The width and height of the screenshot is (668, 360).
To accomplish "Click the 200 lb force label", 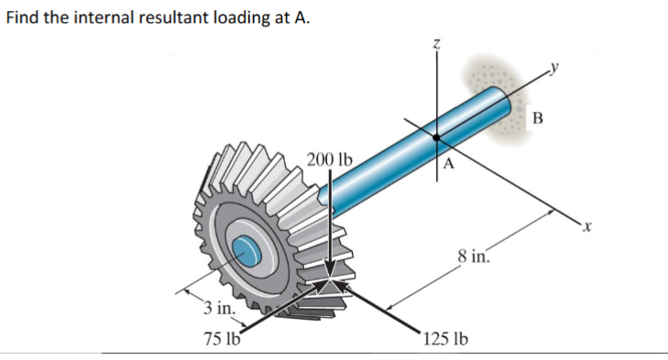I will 329,158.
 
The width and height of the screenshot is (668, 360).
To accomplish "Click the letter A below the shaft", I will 448,165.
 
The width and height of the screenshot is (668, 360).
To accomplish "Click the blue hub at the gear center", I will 246,248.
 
